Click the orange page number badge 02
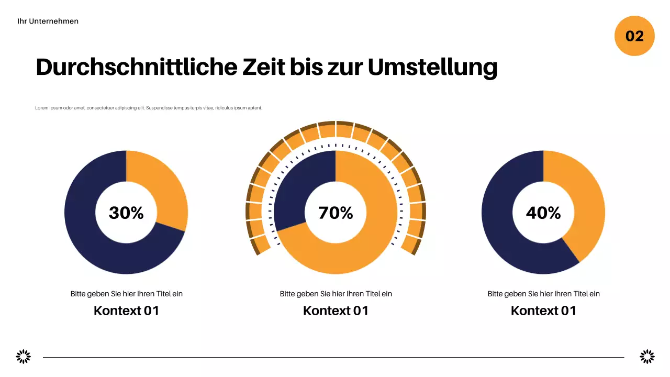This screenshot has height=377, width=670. [634, 36]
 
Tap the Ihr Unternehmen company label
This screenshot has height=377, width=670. [48, 21]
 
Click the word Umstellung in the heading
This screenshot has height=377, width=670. [432, 68]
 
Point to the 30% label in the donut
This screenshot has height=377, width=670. [126, 213]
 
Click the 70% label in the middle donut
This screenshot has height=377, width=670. [336, 213]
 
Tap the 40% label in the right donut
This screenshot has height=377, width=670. [543, 213]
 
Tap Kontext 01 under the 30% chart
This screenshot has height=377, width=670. [126, 311]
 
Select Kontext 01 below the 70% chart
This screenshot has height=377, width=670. [336, 311]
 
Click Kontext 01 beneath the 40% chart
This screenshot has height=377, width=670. [543, 311]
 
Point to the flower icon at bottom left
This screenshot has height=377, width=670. [24, 357]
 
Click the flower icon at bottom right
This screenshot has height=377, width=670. [647, 357]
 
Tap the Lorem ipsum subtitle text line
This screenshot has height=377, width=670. [149, 108]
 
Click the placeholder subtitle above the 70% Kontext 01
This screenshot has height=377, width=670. [336, 294]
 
